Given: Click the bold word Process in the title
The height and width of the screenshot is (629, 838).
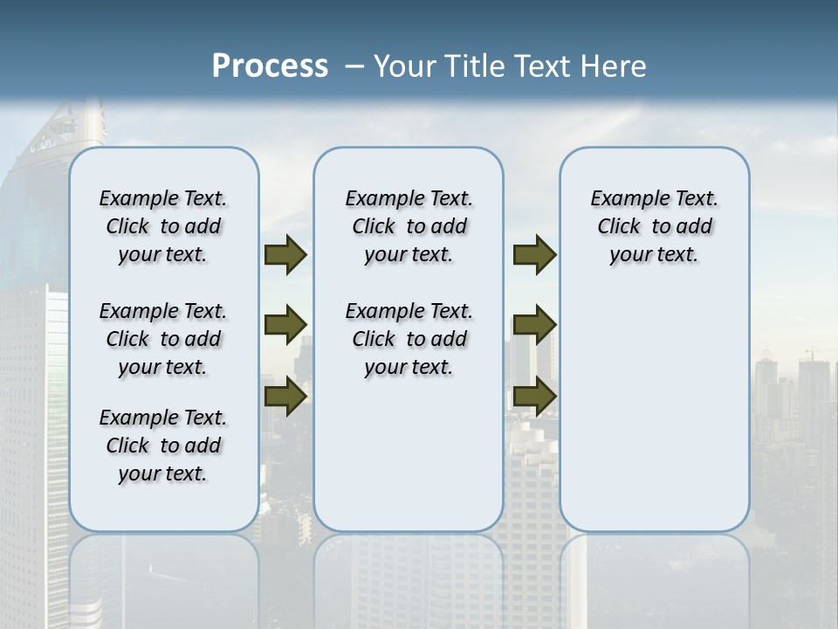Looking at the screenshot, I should pyautogui.click(x=270, y=66).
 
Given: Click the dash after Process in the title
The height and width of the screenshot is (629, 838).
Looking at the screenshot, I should pyautogui.click(x=354, y=67).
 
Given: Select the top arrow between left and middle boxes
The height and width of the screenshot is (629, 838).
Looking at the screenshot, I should pyautogui.click(x=285, y=254).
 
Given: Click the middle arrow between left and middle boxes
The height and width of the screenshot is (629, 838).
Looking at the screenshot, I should pyautogui.click(x=285, y=325).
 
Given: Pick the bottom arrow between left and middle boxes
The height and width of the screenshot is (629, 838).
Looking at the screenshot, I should pyautogui.click(x=285, y=396).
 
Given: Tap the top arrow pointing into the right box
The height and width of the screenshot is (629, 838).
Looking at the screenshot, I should pyautogui.click(x=534, y=254).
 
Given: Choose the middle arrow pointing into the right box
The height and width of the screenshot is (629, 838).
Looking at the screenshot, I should pyautogui.click(x=534, y=325).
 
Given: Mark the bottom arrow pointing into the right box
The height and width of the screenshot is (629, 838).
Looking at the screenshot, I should pyautogui.click(x=534, y=396).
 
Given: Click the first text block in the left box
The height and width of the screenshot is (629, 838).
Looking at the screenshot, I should pyautogui.click(x=163, y=226).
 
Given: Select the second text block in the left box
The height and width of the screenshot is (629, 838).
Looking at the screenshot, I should pyautogui.click(x=163, y=339).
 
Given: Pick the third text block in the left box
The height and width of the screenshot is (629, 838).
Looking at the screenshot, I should pyautogui.click(x=163, y=446).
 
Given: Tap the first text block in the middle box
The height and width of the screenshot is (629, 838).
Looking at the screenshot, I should pyautogui.click(x=409, y=226).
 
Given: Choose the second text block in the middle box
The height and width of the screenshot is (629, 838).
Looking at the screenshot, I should pyautogui.click(x=409, y=339).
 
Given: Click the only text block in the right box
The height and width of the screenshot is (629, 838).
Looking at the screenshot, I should pyautogui.click(x=655, y=226).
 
